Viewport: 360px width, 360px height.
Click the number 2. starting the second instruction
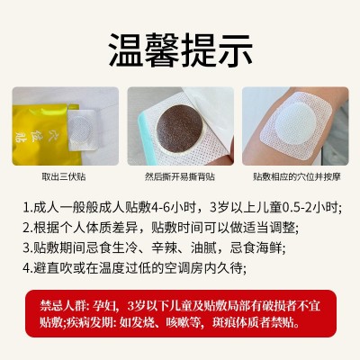coord(29,227)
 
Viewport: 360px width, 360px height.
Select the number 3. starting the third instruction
coord(29,247)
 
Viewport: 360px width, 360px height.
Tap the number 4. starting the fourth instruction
coord(29,266)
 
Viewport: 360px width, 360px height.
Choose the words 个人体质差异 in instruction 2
coord(96,227)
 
